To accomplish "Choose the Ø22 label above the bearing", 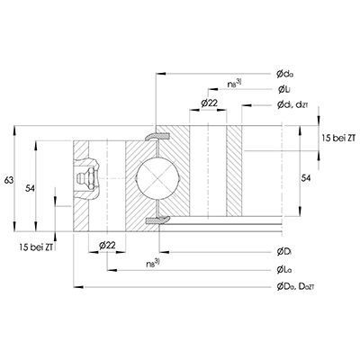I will tap(208, 104).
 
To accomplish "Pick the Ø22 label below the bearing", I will tap(104, 245).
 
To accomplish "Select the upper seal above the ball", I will tap(158, 135).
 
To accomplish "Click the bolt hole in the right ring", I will tap(209, 175).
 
